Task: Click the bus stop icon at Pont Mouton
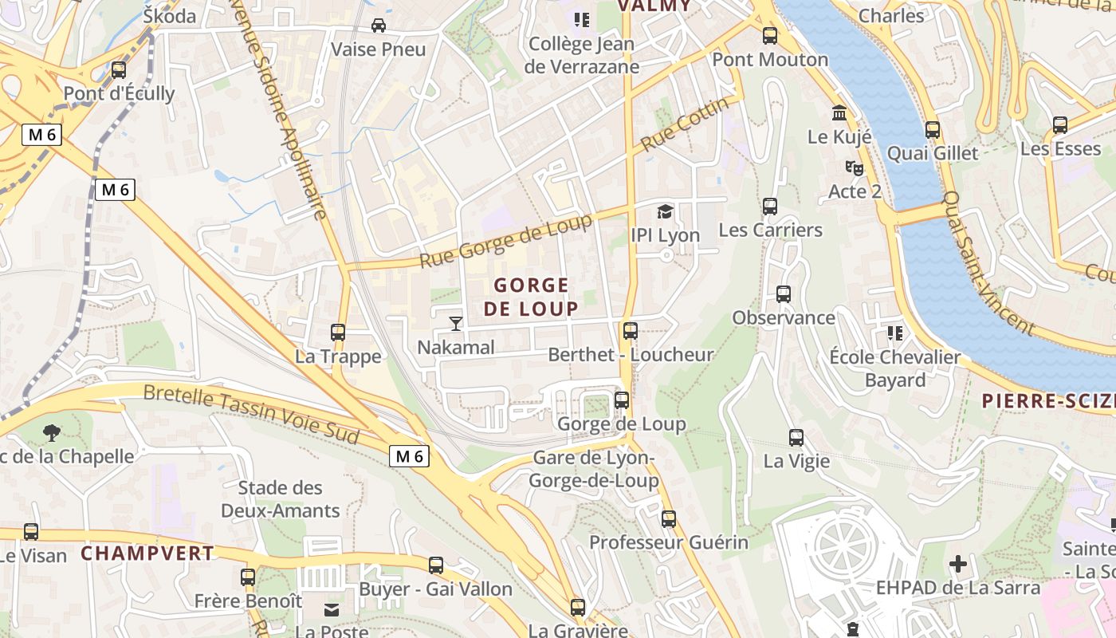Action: click(x=769, y=36)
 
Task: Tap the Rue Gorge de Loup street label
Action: click(x=506, y=241)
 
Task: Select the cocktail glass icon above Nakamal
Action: click(x=455, y=323)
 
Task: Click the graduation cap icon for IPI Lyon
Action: click(x=665, y=211)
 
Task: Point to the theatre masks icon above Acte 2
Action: click(x=854, y=168)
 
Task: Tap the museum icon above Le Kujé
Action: click(x=839, y=113)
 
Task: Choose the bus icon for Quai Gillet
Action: click(x=933, y=129)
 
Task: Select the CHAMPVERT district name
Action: click(x=147, y=553)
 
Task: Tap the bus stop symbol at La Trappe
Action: click(x=338, y=333)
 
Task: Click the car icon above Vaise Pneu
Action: click(x=379, y=26)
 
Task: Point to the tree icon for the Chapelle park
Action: click(x=52, y=433)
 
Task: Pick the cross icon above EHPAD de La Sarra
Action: click(x=958, y=565)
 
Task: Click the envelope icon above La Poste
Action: click(x=331, y=610)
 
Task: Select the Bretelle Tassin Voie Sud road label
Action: click(x=251, y=414)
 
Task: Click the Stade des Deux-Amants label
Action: click(x=281, y=499)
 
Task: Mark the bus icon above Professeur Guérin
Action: click(x=668, y=519)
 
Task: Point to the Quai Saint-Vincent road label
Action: click(x=988, y=263)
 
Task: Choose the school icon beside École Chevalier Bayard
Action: click(x=895, y=333)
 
